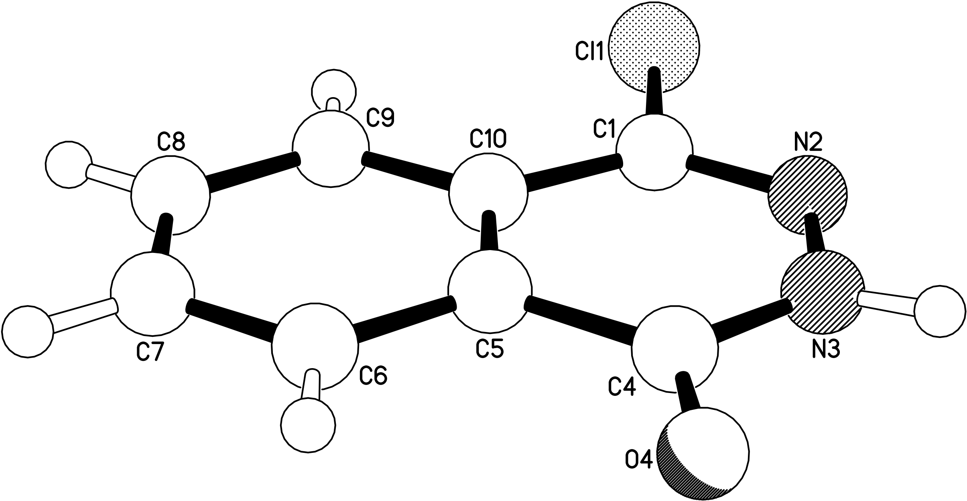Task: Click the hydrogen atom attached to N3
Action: coord(939,311)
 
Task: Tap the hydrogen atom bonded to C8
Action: coord(68,165)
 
